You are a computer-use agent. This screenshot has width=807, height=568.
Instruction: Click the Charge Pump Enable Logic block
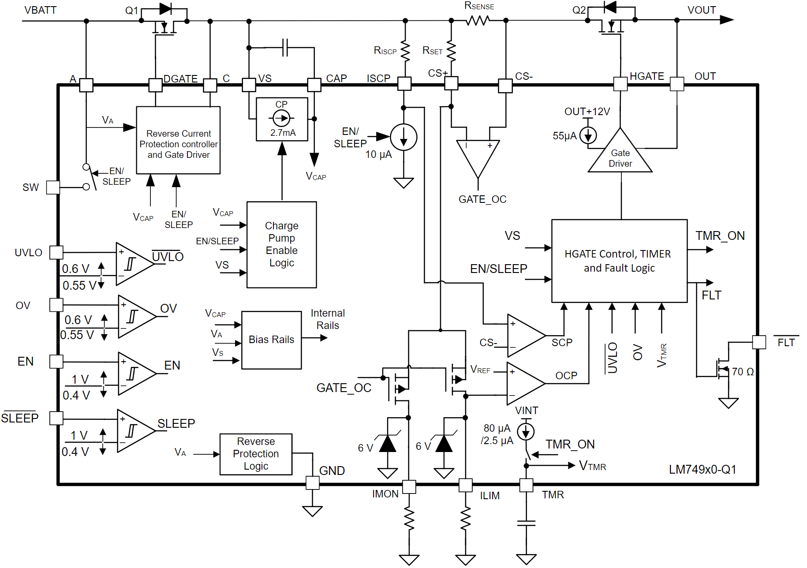(x=281, y=245)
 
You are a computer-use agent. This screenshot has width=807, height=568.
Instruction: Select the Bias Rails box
(x=271, y=340)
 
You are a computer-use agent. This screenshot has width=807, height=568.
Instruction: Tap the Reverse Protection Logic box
(x=256, y=454)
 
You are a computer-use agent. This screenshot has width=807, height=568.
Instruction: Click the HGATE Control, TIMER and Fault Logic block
(x=619, y=261)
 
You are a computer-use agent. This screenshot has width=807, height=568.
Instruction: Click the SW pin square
(x=53, y=187)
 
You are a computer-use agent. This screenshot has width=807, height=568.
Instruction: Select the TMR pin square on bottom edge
(x=526, y=485)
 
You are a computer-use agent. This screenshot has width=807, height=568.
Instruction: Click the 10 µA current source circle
(x=403, y=137)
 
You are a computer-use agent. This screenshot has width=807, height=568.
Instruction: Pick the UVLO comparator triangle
(x=132, y=264)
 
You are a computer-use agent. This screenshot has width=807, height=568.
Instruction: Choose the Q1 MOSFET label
(x=131, y=11)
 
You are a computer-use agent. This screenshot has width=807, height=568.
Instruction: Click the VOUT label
(x=701, y=10)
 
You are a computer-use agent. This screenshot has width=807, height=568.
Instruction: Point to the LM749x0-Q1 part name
(x=702, y=469)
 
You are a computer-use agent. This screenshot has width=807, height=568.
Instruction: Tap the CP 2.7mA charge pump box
(x=282, y=119)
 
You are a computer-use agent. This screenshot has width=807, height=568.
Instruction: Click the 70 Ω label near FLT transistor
(x=743, y=372)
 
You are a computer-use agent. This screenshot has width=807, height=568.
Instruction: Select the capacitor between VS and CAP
(x=285, y=48)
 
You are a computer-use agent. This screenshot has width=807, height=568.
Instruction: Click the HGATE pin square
(x=620, y=84)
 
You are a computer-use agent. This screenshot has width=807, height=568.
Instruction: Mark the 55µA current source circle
(x=588, y=135)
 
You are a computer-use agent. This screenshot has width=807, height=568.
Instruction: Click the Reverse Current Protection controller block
(x=178, y=140)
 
